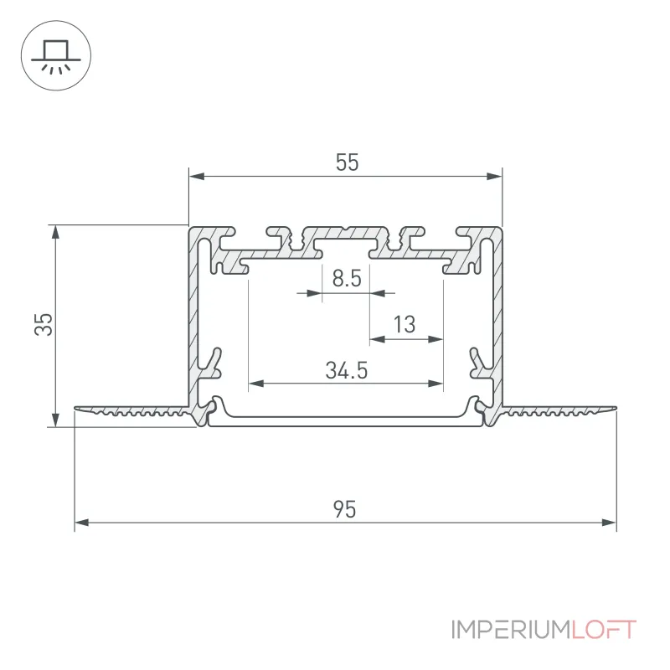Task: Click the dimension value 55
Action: [x=347, y=162]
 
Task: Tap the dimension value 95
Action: [x=344, y=509]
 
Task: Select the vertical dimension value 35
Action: [x=44, y=324]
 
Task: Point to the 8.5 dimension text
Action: [x=347, y=278]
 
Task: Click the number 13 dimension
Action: [x=405, y=324]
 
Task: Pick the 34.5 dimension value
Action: [x=347, y=370]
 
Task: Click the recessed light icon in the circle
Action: [x=56, y=57]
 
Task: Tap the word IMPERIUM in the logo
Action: [x=511, y=630]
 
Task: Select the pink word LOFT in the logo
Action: [x=604, y=630]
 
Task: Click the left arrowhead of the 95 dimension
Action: [x=82, y=522]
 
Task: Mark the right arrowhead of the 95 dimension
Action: [x=610, y=522]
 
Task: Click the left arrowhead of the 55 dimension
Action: [x=197, y=176]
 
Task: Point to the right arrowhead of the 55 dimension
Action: [x=495, y=176]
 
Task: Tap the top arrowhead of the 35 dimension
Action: [x=55, y=233]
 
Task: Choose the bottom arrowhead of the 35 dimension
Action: [x=55, y=420]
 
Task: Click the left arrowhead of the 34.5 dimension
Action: [x=256, y=384]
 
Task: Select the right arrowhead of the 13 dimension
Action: [x=435, y=339]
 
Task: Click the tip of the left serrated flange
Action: [x=75, y=408]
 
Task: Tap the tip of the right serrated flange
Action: [x=616, y=408]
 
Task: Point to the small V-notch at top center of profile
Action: [x=347, y=229]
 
